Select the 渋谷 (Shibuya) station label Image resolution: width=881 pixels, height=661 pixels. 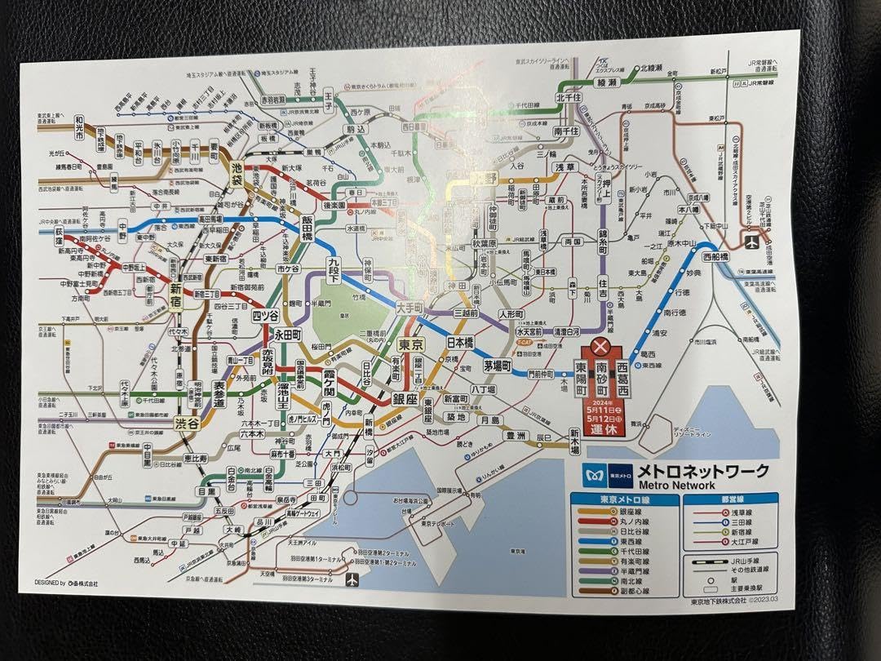click(x=187, y=424)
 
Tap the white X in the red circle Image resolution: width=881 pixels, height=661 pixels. click(x=603, y=347)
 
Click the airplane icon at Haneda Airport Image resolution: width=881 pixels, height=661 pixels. click(x=352, y=580)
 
